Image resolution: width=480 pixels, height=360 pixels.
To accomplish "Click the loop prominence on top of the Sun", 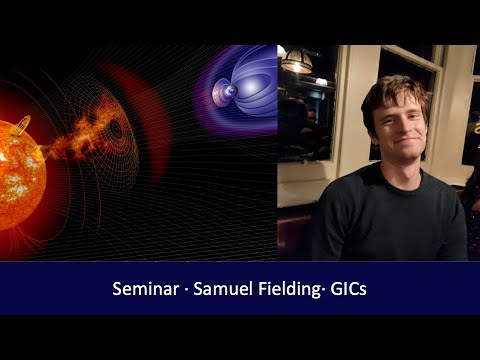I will point(22,124).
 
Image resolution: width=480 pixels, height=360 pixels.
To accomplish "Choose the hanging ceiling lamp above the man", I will point(296,62).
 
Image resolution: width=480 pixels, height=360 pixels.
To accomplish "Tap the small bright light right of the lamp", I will point(321,81).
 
